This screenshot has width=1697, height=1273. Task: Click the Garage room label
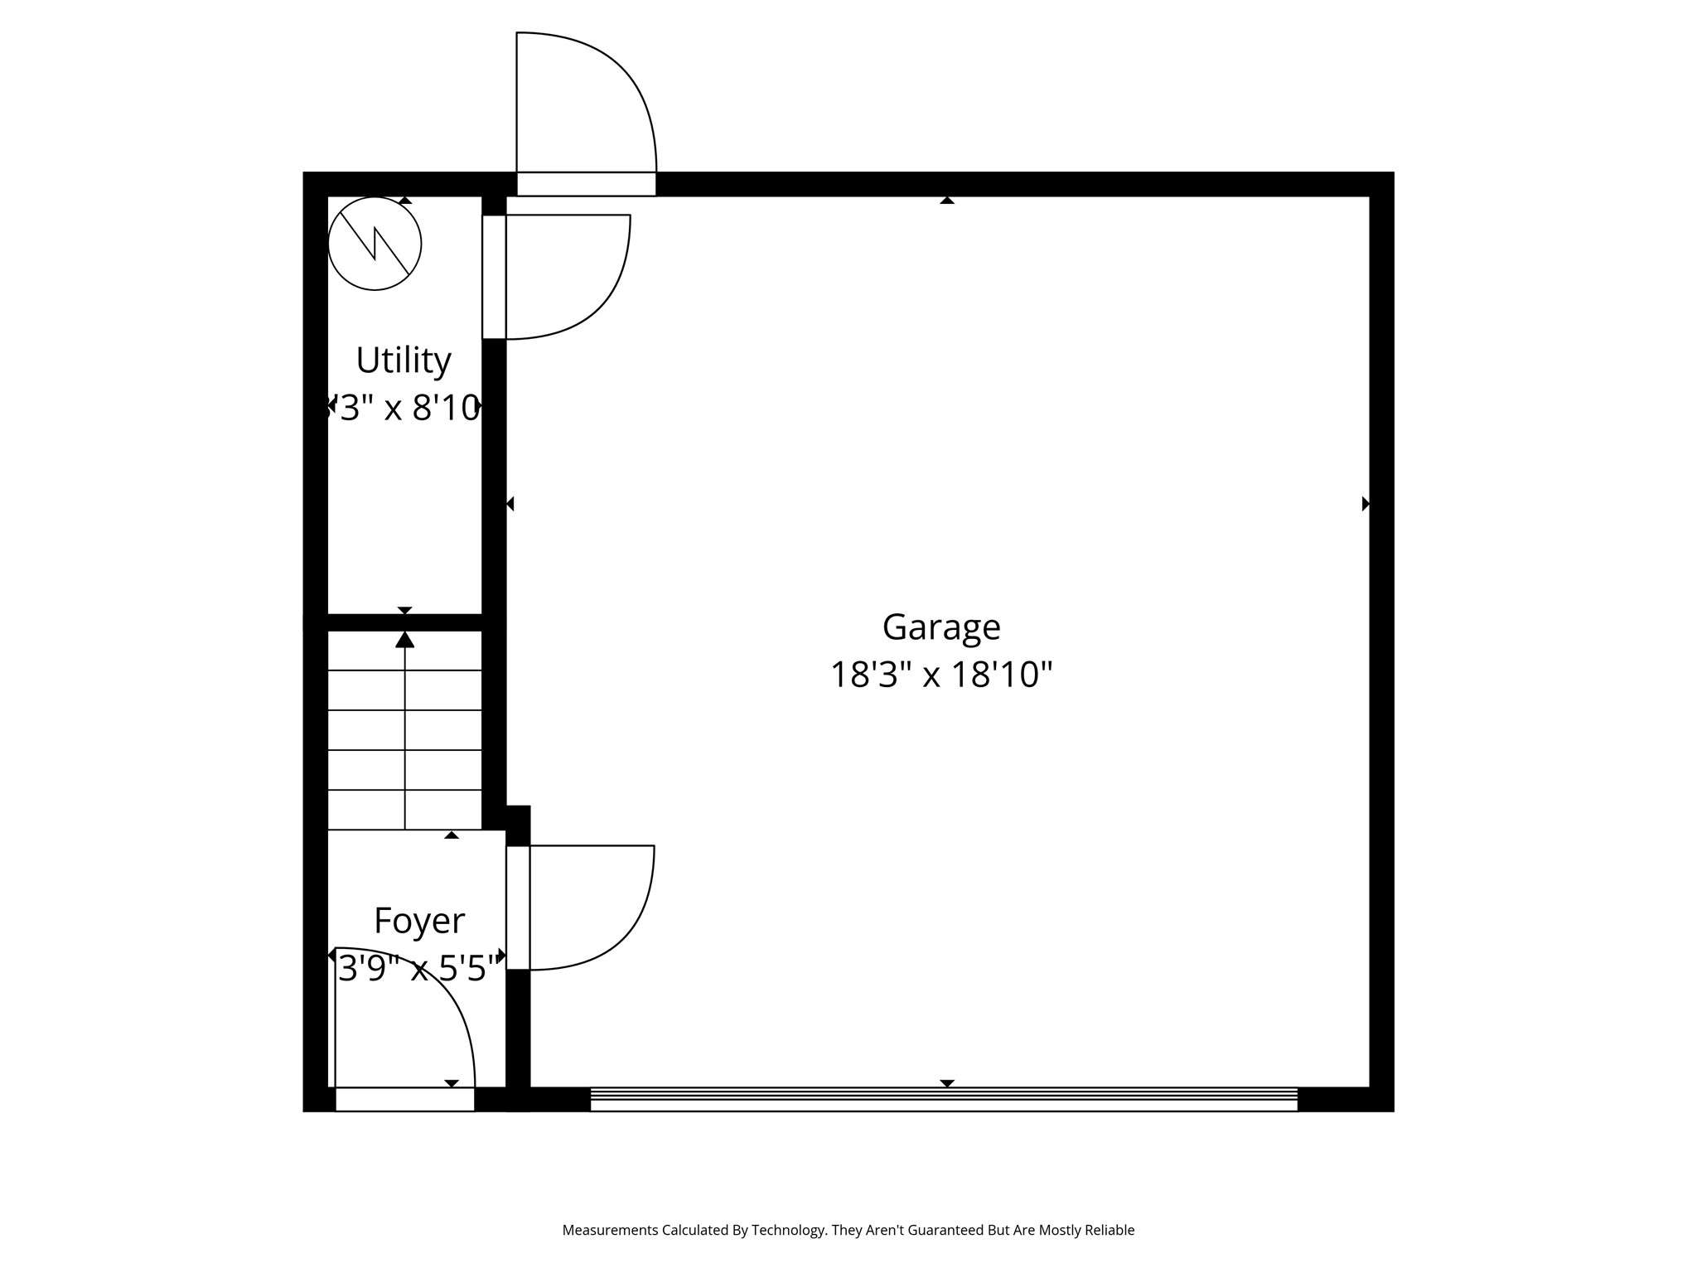[941, 627]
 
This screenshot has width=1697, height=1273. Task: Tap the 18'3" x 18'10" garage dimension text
[941, 675]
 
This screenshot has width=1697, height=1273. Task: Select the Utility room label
[404, 361]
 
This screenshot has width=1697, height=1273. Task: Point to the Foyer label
[419, 921]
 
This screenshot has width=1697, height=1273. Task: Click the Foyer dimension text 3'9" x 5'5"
[419, 967]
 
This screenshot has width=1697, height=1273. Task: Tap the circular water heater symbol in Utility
[375, 244]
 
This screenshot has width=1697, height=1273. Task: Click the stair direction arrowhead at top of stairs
[404, 640]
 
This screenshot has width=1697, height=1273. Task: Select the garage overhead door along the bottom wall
[944, 1099]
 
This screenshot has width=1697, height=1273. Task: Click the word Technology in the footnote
[789, 1231]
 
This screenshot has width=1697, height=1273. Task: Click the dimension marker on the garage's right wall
[1365, 504]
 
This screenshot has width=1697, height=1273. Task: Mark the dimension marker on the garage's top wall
[947, 201]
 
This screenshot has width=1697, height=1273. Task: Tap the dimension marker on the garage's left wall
[510, 504]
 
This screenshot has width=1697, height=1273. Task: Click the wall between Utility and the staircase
[404, 622]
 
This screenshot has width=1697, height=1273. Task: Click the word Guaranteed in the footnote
[945, 1231]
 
